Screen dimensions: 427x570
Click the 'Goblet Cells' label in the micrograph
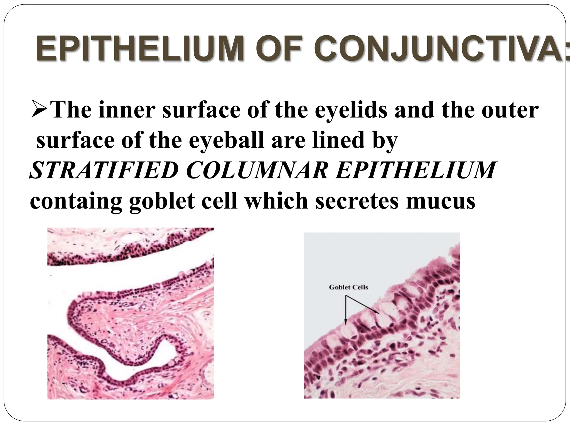point(348,287)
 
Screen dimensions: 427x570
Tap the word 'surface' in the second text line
point(75,140)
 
